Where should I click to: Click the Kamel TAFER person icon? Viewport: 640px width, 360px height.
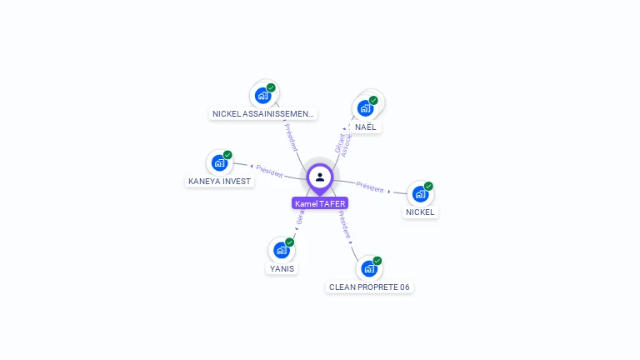pyautogui.click(x=320, y=177)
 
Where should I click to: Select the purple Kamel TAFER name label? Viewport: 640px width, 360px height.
pyautogui.click(x=320, y=203)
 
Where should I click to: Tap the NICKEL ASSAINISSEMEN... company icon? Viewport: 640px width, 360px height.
pyautogui.click(x=263, y=95)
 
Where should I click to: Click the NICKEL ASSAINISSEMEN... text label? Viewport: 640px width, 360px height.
pyautogui.click(x=263, y=113)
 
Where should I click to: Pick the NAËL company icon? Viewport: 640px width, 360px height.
pyautogui.click(x=365, y=108)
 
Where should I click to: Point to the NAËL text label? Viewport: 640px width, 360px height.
pyautogui.click(x=366, y=127)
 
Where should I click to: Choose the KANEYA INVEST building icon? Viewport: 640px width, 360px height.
pyautogui.click(x=220, y=162)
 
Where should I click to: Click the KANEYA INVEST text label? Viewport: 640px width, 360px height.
pyautogui.click(x=219, y=181)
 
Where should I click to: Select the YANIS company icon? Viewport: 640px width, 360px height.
pyautogui.click(x=282, y=250)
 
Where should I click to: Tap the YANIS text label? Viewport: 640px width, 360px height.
pyautogui.click(x=282, y=268)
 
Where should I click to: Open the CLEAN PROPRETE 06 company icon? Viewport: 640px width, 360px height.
pyautogui.click(x=369, y=268)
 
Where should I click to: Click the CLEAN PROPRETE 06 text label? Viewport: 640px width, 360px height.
pyautogui.click(x=369, y=287)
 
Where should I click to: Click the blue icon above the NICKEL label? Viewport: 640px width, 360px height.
pyautogui.click(x=420, y=194)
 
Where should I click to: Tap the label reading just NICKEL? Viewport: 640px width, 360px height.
pyautogui.click(x=420, y=212)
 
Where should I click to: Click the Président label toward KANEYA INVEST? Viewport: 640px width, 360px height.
pyautogui.click(x=269, y=169)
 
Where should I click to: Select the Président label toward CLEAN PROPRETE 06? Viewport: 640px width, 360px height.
pyautogui.click(x=344, y=224)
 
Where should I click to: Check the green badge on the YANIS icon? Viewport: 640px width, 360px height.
pyautogui.click(x=290, y=242)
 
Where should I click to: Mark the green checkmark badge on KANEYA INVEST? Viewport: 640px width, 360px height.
pyautogui.click(x=227, y=155)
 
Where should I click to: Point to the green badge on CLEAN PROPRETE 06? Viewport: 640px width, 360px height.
pyautogui.click(x=377, y=261)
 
